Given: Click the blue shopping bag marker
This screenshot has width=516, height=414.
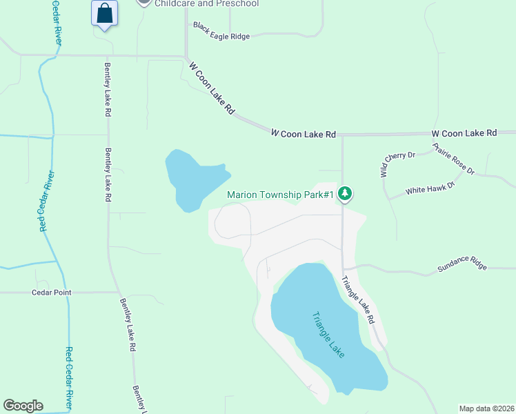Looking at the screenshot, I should (104, 13).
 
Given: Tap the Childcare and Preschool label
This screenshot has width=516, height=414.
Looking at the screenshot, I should (207, 3).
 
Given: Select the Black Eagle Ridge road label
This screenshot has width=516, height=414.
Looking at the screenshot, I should (221, 32).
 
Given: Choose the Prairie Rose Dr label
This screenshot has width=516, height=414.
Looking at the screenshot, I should (454, 159).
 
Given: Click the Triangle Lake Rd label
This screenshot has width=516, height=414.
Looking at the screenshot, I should (357, 300).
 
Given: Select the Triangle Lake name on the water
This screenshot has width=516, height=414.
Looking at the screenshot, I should (328, 335).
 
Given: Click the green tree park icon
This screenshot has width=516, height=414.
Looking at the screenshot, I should (346, 194).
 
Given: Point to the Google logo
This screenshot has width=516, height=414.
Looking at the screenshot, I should (23, 406).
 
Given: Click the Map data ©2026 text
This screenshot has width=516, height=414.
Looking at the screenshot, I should (487, 408).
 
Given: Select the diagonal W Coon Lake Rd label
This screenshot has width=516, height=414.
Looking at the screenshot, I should (212, 87).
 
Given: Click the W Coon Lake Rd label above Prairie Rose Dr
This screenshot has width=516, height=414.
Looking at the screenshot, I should (464, 132).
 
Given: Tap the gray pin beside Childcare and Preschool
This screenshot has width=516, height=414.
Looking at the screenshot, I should (143, 3).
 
